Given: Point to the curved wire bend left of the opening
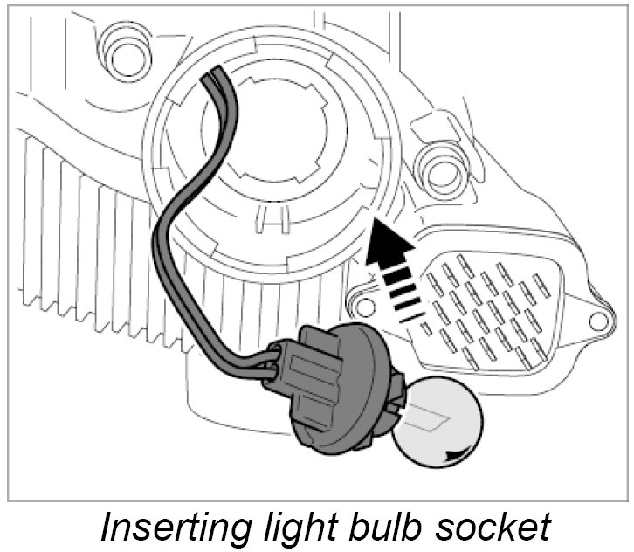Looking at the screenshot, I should (162, 236).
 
